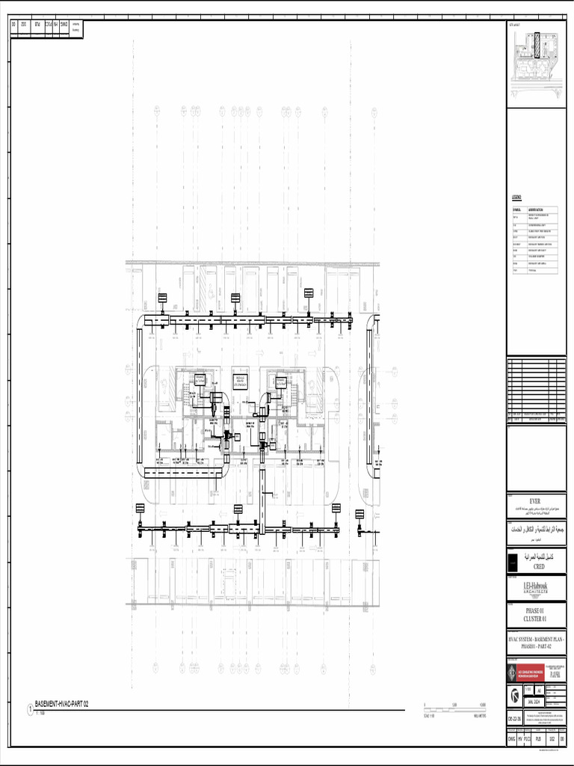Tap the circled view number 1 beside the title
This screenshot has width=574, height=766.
click(x=30, y=708)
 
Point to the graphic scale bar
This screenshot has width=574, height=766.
click(x=454, y=707)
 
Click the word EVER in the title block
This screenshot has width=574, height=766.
click(x=534, y=500)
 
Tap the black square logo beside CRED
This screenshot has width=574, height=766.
click(x=513, y=563)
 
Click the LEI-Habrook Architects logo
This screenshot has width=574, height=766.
click(x=534, y=589)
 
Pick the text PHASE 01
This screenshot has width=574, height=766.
click(x=534, y=611)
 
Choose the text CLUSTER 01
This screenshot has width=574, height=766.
click(x=534, y=619)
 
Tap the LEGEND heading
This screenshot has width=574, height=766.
click(x=516, y=197)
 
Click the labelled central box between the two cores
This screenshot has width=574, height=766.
click(x=240, y=381)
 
